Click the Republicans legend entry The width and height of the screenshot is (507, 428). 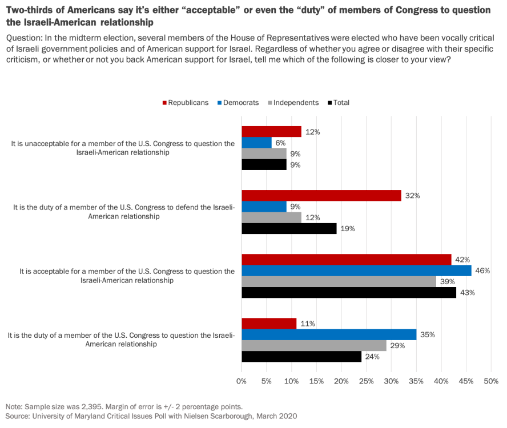tap(186, 103)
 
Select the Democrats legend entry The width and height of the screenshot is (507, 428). tap(239, 103)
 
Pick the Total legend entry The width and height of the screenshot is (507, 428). tap(339, 103)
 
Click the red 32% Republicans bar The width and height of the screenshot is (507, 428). tap(321, 196)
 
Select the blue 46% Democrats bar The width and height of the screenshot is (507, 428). tap(356, 270)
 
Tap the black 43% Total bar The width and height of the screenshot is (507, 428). tap(349, 293)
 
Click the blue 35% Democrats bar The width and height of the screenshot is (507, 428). tap(329, 334)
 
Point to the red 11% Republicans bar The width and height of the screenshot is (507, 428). tap(269, 324)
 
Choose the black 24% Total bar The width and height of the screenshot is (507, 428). tap(301, 357)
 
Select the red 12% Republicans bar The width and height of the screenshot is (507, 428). tap(271, 132)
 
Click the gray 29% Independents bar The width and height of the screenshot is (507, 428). tap(314, 345)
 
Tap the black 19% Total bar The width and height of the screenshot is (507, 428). tap(289, 229)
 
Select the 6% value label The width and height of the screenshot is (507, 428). tap(280, 143)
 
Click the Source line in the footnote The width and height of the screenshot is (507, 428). tap(151, 416)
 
